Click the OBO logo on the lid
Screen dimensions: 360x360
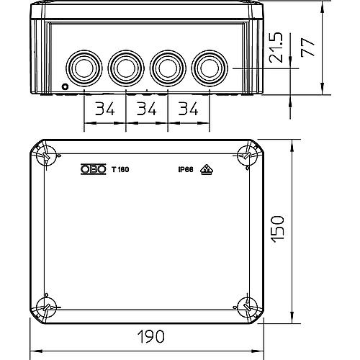point(92,170)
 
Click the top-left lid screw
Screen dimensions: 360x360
point(47,154)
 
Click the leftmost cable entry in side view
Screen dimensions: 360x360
point(84,68)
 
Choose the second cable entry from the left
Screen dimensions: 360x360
point(125,68)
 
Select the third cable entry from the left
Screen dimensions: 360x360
point(167,68)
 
